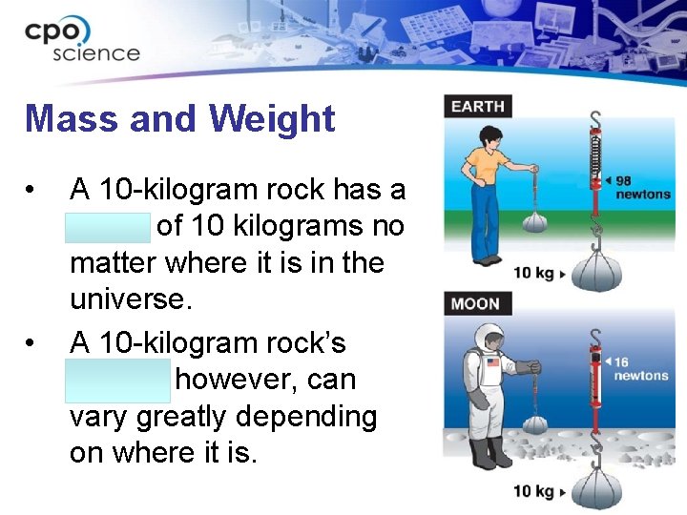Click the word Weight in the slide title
(x=272, y=119)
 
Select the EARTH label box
(x=478, y=106)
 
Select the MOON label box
(x=475, y=304)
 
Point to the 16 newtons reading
(x=640, y=369)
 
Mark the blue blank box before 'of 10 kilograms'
(x=109, y=227)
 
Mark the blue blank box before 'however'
(x=119, y=380)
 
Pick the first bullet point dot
(x=34, y=191)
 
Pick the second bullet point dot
(x=34, y=343)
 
